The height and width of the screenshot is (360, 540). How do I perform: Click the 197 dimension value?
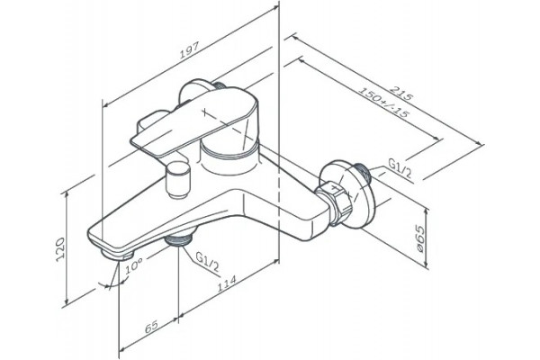[x=189, y=50]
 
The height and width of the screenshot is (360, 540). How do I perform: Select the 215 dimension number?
[x=400, y=93]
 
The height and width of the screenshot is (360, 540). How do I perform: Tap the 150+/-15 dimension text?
[x=383, y=102]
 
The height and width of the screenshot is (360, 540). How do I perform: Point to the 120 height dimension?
[x=60, y=249]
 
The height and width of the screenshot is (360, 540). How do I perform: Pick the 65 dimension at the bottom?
[x=151, y=327]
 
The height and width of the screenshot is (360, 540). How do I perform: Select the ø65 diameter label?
[x=419, y=238]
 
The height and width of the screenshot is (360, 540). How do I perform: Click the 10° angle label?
[x=134, y=265]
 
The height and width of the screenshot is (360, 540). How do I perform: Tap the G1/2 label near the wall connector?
[x=400, y=167]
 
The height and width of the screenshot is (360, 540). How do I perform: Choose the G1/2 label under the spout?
[x=207, y=262]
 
